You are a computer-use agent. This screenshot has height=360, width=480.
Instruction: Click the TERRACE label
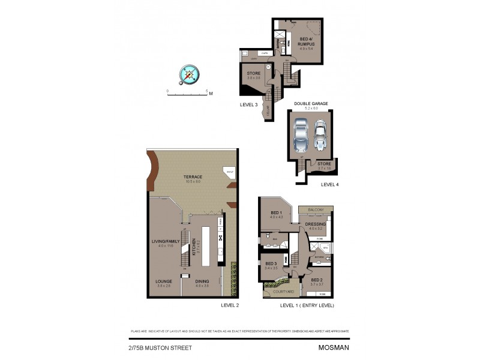click(193, 176)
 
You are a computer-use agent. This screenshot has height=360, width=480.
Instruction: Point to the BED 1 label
click(276, 213)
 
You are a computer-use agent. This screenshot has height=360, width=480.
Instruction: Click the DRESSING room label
click(316, 224)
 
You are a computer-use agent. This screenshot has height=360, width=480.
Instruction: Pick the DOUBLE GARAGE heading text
click(311, 103)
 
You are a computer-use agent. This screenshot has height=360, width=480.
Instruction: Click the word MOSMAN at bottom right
click(334, 347)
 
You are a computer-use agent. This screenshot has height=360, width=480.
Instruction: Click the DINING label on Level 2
click(201, 280)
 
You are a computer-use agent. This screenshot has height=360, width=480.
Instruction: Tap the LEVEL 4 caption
click(329, 184)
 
